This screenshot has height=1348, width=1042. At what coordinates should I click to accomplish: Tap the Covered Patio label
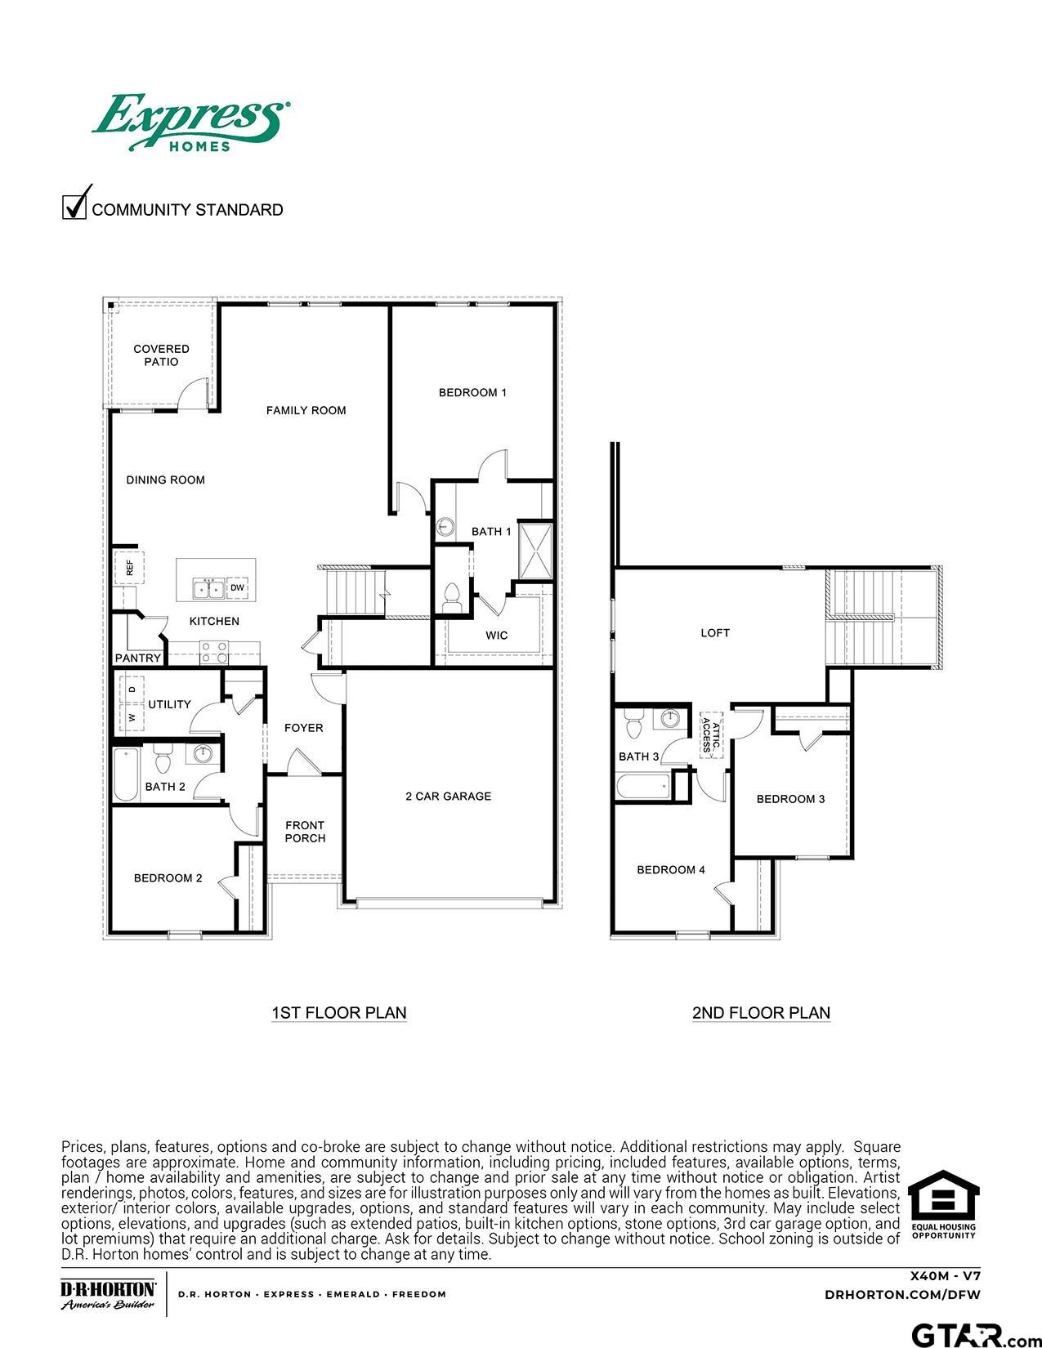pyautogui.click(x=161, y=355)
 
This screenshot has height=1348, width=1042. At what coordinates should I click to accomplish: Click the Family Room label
pyautogui.click(x=306, y=410)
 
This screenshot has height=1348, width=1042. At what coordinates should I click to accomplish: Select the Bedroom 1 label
pyautogui.click(x=472, y=392)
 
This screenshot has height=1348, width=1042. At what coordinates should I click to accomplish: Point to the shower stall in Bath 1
pyautogui.click(x=536, y=550)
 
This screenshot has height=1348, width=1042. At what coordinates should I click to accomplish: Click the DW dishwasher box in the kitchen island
pyautogui.click(x=237, y=588)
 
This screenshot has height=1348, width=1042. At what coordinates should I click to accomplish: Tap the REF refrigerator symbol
pyautogui.click(x=129, y=565)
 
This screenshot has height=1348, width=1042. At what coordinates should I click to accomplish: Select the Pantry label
pyautogui.click(x=138, y=658)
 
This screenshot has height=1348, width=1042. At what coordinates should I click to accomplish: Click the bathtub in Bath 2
pyautogui.click(x=125, y=774)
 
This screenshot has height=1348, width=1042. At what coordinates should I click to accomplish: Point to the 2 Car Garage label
pyautogui.click(x=448, y=796)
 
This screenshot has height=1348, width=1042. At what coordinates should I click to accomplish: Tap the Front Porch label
pyautogui.click(x=305, y=832)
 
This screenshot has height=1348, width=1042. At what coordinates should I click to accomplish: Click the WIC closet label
pyautogui.click(x=496, y=635)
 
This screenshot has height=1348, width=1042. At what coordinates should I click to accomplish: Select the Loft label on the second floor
pyautogui.click(x=715, y=632)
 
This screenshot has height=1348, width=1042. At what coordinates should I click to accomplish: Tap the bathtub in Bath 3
pyautogui.click(x=642, y=788)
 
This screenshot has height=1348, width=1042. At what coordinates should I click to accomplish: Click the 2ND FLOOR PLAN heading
pyautogui.click(x=761, y=1012)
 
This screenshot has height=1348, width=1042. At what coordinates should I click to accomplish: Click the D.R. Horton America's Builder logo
pyautogui.click(x=109, y=1294)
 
